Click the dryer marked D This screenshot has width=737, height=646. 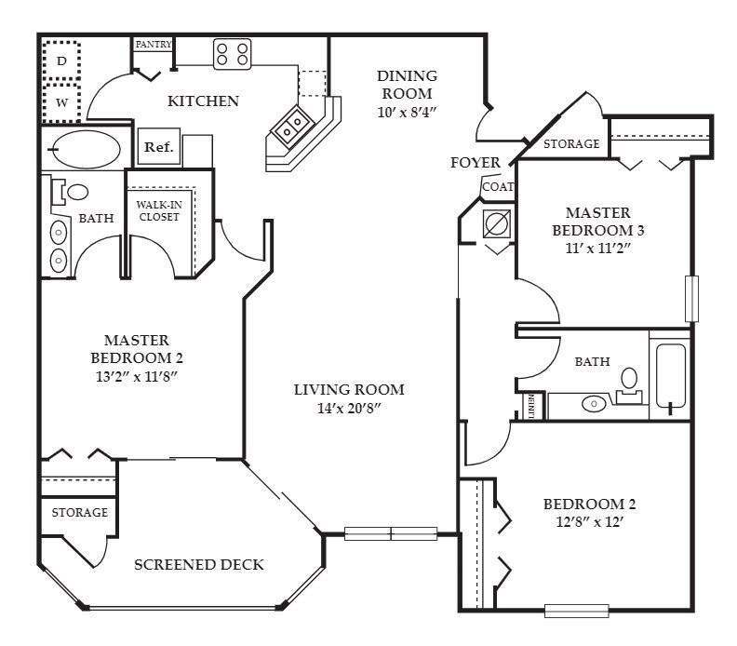coord(61,61)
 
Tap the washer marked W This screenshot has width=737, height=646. coord(61,103)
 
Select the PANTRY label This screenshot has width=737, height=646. coord(154,44)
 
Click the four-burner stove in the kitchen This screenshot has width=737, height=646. coord(233,54)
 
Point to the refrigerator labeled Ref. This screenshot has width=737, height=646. coord(159,147)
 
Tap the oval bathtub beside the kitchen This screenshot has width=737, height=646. coord(85,149)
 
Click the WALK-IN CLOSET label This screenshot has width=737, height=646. coord(159,210)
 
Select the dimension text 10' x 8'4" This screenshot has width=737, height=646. coord(407,113)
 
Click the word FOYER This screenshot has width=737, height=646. coord(476,163)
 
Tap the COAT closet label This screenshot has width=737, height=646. coord(498,187)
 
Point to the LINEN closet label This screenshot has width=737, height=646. coord(531,406)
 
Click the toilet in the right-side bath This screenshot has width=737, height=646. coord(629,385)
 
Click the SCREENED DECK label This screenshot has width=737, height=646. coord(199,564)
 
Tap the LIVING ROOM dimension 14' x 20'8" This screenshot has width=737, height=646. coord(348,408)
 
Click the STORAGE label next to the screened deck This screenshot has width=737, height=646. coord(79,512)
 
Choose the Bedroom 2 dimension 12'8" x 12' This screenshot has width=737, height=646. coord(589,522)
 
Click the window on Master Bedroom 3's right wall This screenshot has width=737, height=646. coord(691,299)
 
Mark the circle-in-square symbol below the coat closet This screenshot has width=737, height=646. coord(497,223)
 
